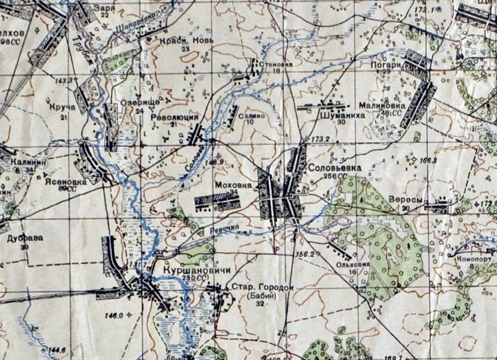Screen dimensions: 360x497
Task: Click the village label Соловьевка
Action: click(334, 168)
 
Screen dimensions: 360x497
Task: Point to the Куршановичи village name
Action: click(192, 270)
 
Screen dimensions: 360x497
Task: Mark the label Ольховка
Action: click(353, 265)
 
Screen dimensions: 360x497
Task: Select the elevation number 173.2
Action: click(320, 139)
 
